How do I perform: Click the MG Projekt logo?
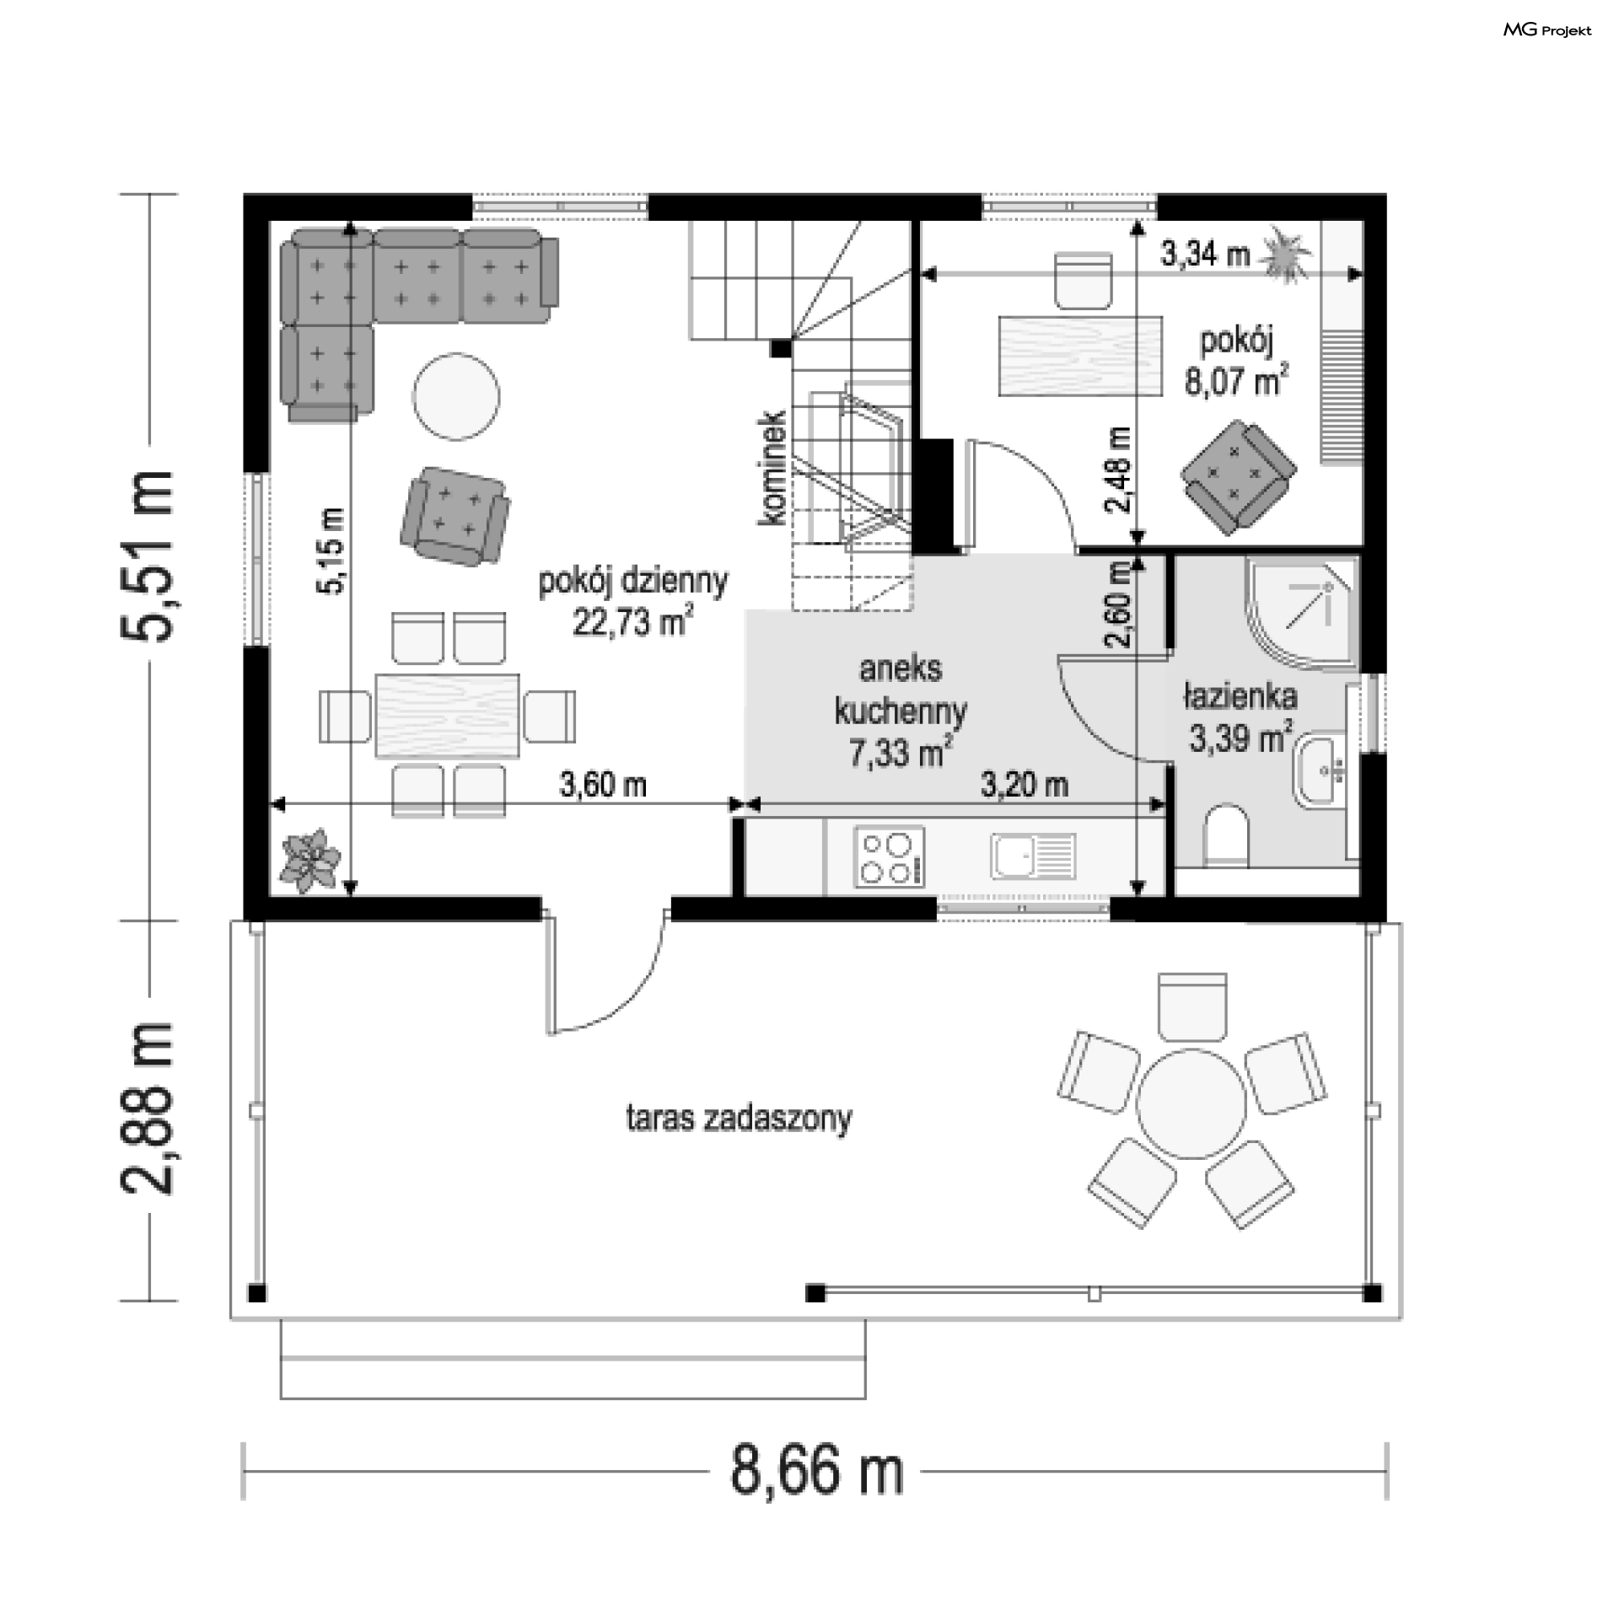pyautogui.click(x=1547, y=30)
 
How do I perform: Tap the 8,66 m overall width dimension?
pyautogui.click(x=816, y=1472)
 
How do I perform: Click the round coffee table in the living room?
pyautogui.click(x=455, y=396)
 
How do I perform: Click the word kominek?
pyautogui.click(x=772, y=469)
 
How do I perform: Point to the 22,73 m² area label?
pyautogui.click(x=633, y=623)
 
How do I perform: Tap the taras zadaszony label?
pyautogui.click(x=739, y=1119)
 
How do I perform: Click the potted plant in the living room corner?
pyautogui.click(x=312, y=860)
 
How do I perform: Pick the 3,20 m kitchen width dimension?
pyautogui.click(x=1025, y=785)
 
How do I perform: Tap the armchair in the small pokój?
pyautogui.click(x=1238, y=476)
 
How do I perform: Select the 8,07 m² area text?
pyautogui.click(x=1236, y=382)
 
